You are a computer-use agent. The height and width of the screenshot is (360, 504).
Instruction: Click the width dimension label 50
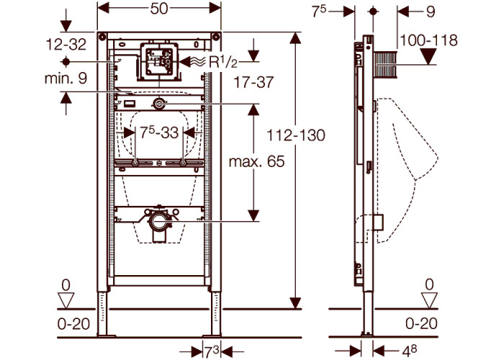point(159,9)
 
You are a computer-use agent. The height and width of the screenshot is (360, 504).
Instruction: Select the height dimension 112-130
point(296,135)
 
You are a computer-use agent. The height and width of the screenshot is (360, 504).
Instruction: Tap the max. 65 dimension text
point(256,161)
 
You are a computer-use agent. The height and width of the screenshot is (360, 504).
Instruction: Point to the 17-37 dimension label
point(253,82)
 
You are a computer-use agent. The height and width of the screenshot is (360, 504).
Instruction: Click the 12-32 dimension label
point(66,44)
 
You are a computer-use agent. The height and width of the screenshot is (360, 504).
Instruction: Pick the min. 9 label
point(66,78)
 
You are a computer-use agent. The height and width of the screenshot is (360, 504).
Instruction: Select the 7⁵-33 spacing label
point(159,132)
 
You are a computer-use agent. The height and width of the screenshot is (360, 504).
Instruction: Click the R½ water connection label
point(223,62)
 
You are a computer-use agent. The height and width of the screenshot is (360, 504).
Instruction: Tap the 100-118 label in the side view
point(428,40)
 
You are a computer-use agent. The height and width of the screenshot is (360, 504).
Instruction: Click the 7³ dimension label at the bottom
point(212,352)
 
